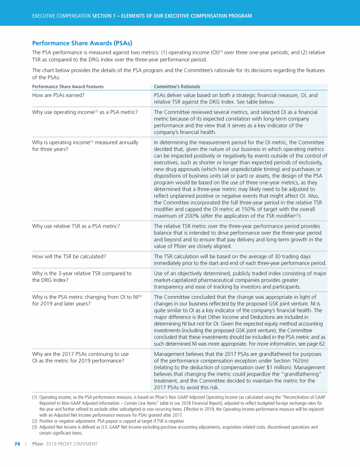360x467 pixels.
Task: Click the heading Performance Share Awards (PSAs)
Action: pos(82,43)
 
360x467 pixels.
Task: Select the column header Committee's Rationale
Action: pos(177,87)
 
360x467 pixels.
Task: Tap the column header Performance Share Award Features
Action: pos(67,87)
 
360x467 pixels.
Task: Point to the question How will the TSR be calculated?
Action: pos(68,256)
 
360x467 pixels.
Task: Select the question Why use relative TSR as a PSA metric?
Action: pos(75,226)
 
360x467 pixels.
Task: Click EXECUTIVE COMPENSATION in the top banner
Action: pos(61,16)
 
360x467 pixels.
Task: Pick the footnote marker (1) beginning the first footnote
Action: pos(35,397)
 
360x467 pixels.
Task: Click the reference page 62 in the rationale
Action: pos(316,343)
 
